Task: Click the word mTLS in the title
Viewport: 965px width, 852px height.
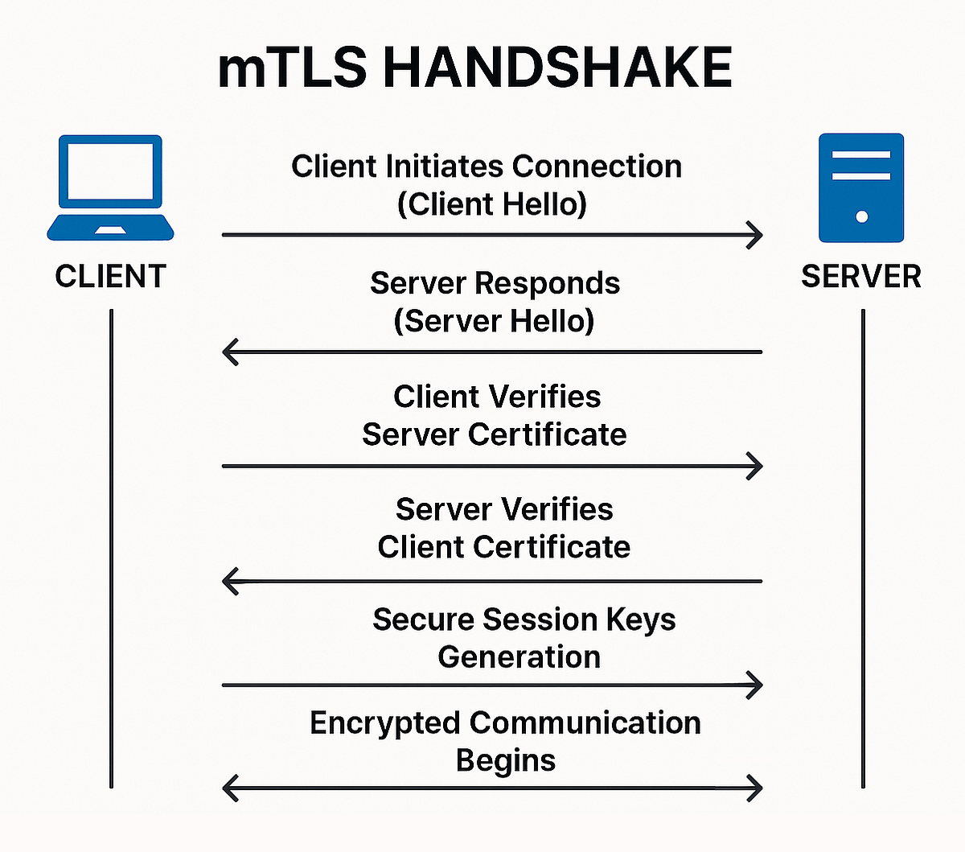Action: pyautogui.click(x=292, y=68)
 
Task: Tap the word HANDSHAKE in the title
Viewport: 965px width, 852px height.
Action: pyautogui.click(x=557, y=68)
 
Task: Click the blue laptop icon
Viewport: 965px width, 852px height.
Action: pyautogui.click(x=110, y=188)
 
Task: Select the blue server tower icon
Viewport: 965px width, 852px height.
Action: pyautogui.click(x=860, y=188)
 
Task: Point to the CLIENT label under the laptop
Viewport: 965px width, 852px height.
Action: pyautogui.click(x=110, y=277)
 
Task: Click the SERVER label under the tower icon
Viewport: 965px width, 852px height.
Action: pyautogui.click(x=860, y=277)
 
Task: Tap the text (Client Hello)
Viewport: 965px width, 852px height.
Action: pyautogui.click(x=492, y=204)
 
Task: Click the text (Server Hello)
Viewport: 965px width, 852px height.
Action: pyautogui.click(x=494, y=321)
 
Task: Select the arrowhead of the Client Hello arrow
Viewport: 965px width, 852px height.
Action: pyautogui.click(x=754, y=235)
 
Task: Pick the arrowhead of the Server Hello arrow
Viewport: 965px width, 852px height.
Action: pyautogui.click(x=231, y=352)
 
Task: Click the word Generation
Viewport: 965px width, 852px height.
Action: pyautogui.click(x=519, y=657)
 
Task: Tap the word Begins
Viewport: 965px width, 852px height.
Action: pyautogui.click(x=505, y=760)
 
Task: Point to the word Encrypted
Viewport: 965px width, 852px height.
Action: pyautogui.click(x=385, y=722)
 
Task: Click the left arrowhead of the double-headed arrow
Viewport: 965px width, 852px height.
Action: pyautogui.click(x=231, y=788)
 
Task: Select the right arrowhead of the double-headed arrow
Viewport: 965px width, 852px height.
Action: pyautogui.click(x=754, y=788)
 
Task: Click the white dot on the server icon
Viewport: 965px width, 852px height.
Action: pyautogui.click(x=861, y=216)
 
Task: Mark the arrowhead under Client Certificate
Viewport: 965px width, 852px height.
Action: pyautogui.click(x=231, y=581)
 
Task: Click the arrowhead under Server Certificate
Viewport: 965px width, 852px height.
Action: pyautogui.click(x=754, y=466)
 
